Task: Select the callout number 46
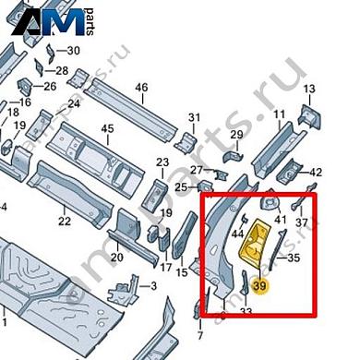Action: (141, 88)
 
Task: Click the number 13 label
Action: (308, 89)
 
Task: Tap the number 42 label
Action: (316, 172)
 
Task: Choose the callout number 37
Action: (302, 222)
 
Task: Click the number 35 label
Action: (294, 258)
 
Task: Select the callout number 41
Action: (281, 220)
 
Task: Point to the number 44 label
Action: (237, 235)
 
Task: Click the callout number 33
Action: (246, 312)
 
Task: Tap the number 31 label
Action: (194, 117)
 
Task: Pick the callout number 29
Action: (236, 136)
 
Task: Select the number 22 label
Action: (64, 221)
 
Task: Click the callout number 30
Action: (74, 50)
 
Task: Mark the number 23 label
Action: (162, 162)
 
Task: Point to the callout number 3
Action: (153, 287)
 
